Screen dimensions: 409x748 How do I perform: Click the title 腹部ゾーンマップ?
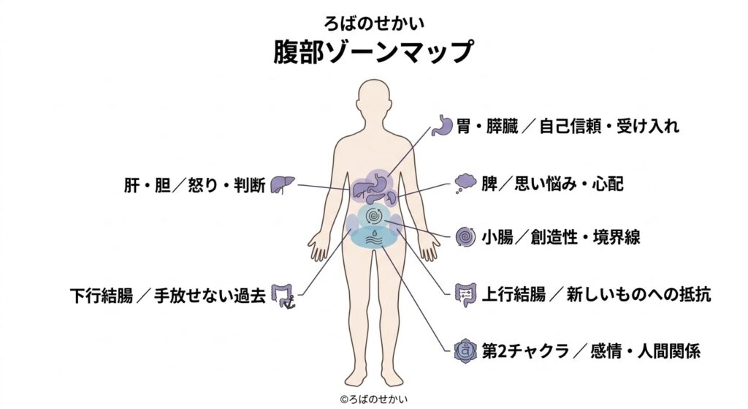pos(373,52)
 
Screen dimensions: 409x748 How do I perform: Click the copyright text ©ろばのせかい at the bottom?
pos(373,399)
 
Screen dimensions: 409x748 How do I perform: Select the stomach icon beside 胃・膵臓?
pos(443,126)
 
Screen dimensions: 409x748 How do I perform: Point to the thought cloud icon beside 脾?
pos(465,183)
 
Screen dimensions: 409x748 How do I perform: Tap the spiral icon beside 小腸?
pos(465,237)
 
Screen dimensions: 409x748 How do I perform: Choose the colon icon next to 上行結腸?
pos(465,294)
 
